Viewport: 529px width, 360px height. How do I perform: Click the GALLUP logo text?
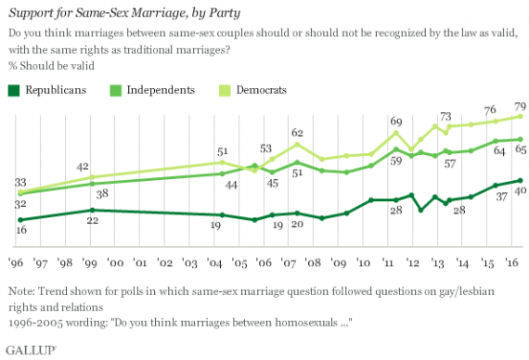[x=31, y=350]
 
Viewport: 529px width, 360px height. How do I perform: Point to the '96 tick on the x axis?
[x=19, y=263]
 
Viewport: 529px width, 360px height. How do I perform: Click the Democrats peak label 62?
[x=297, y=133]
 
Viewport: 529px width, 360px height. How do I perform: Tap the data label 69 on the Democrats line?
[x=396, y=122]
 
